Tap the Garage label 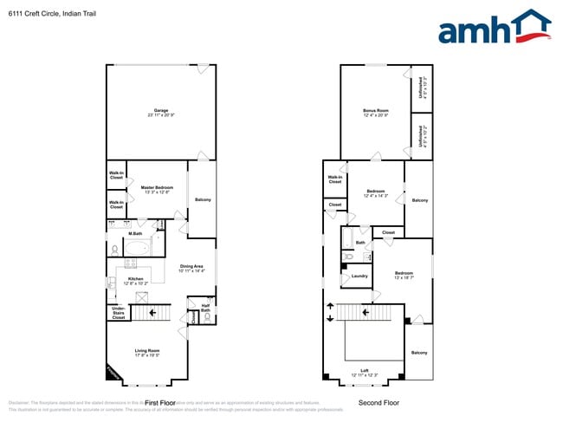(161, 111)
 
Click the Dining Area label (191, 267)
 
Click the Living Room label (147, 351)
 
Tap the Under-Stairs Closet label (118, 312)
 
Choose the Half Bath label (205, 308)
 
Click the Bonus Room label (375, 111)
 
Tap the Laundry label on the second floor (359, 277)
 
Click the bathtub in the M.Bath (137, 248)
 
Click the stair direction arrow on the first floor (152, 312)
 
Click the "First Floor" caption (160, 403)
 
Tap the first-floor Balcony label (203, 200)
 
